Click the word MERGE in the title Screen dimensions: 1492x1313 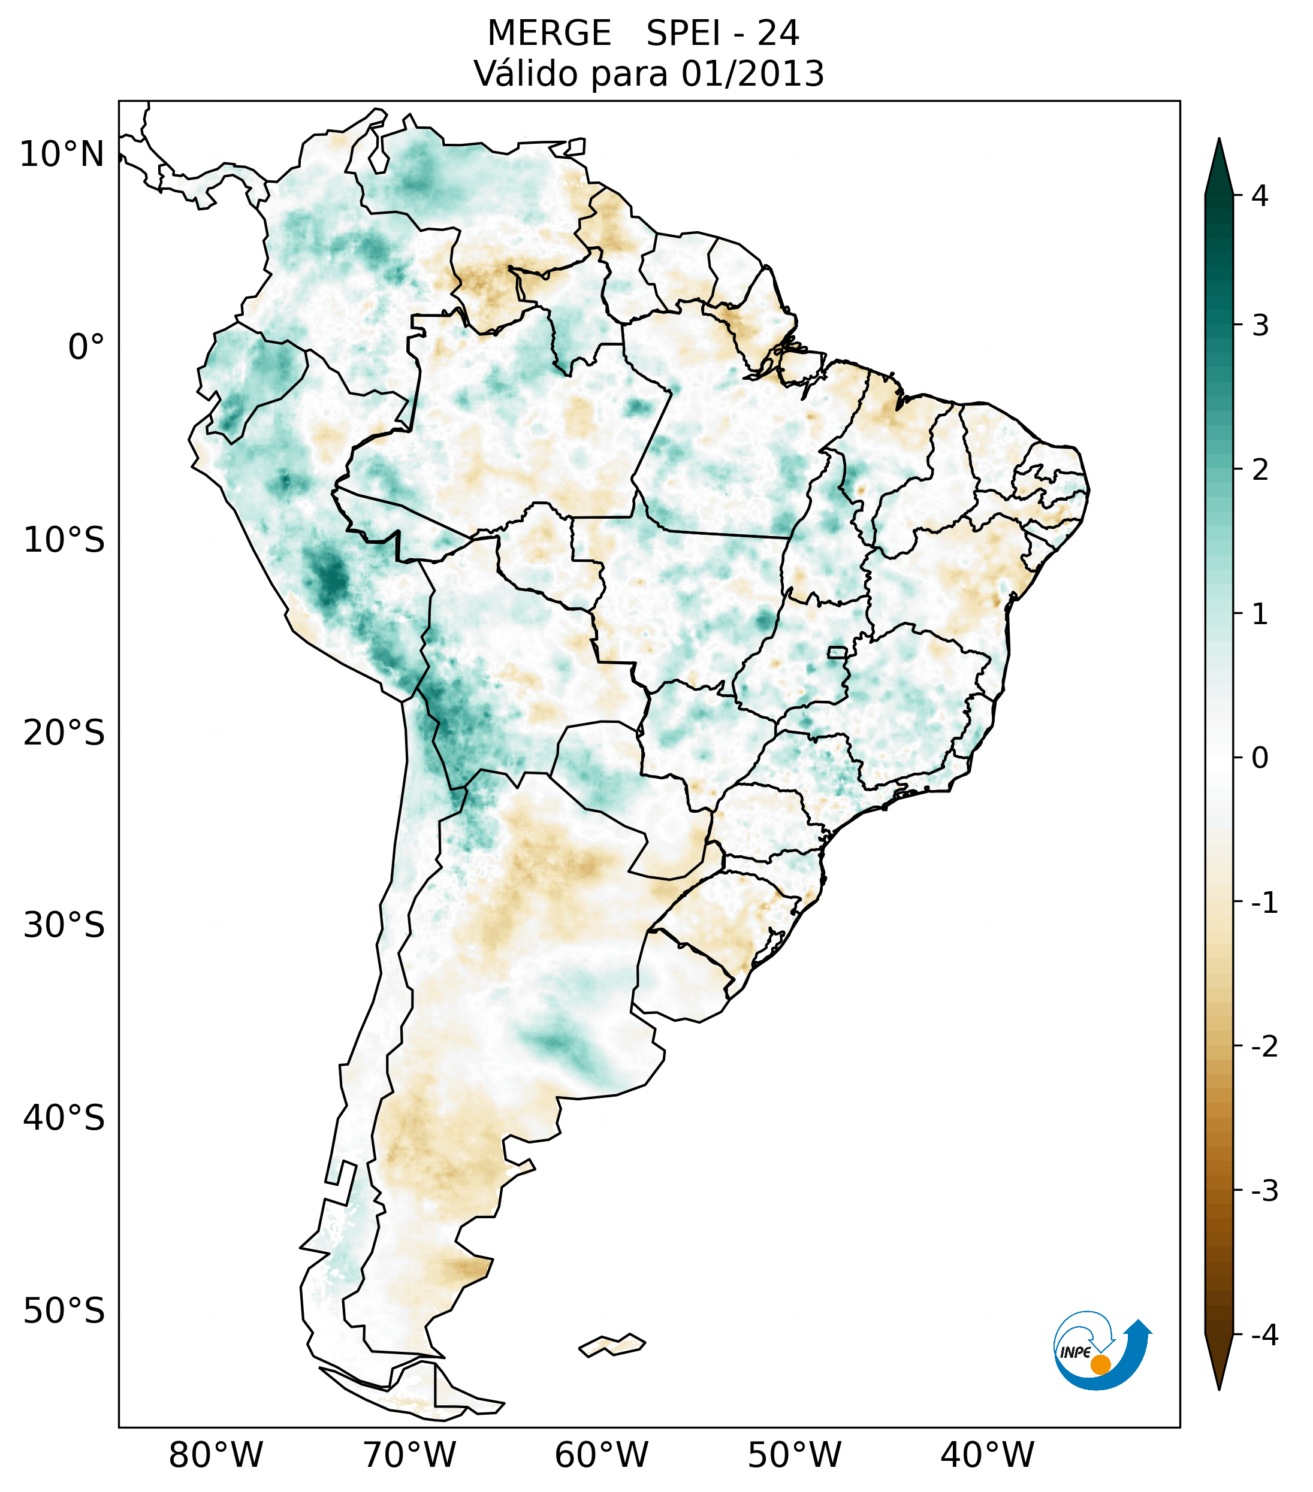point(548,34)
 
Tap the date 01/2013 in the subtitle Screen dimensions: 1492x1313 point(752,74)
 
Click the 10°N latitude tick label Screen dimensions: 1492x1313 point(61,155)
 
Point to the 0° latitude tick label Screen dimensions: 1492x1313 point(86,347)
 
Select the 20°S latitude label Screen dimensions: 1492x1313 point(64,733)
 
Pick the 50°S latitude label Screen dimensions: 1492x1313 point(64,1312)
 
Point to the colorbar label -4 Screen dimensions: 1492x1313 point(1264,1336)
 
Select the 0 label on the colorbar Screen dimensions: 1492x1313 point(1260,758)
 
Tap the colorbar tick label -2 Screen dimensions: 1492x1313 point(1264,1047)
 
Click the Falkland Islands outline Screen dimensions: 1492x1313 point(612,1345)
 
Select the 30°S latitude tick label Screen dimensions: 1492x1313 point(64,925)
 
